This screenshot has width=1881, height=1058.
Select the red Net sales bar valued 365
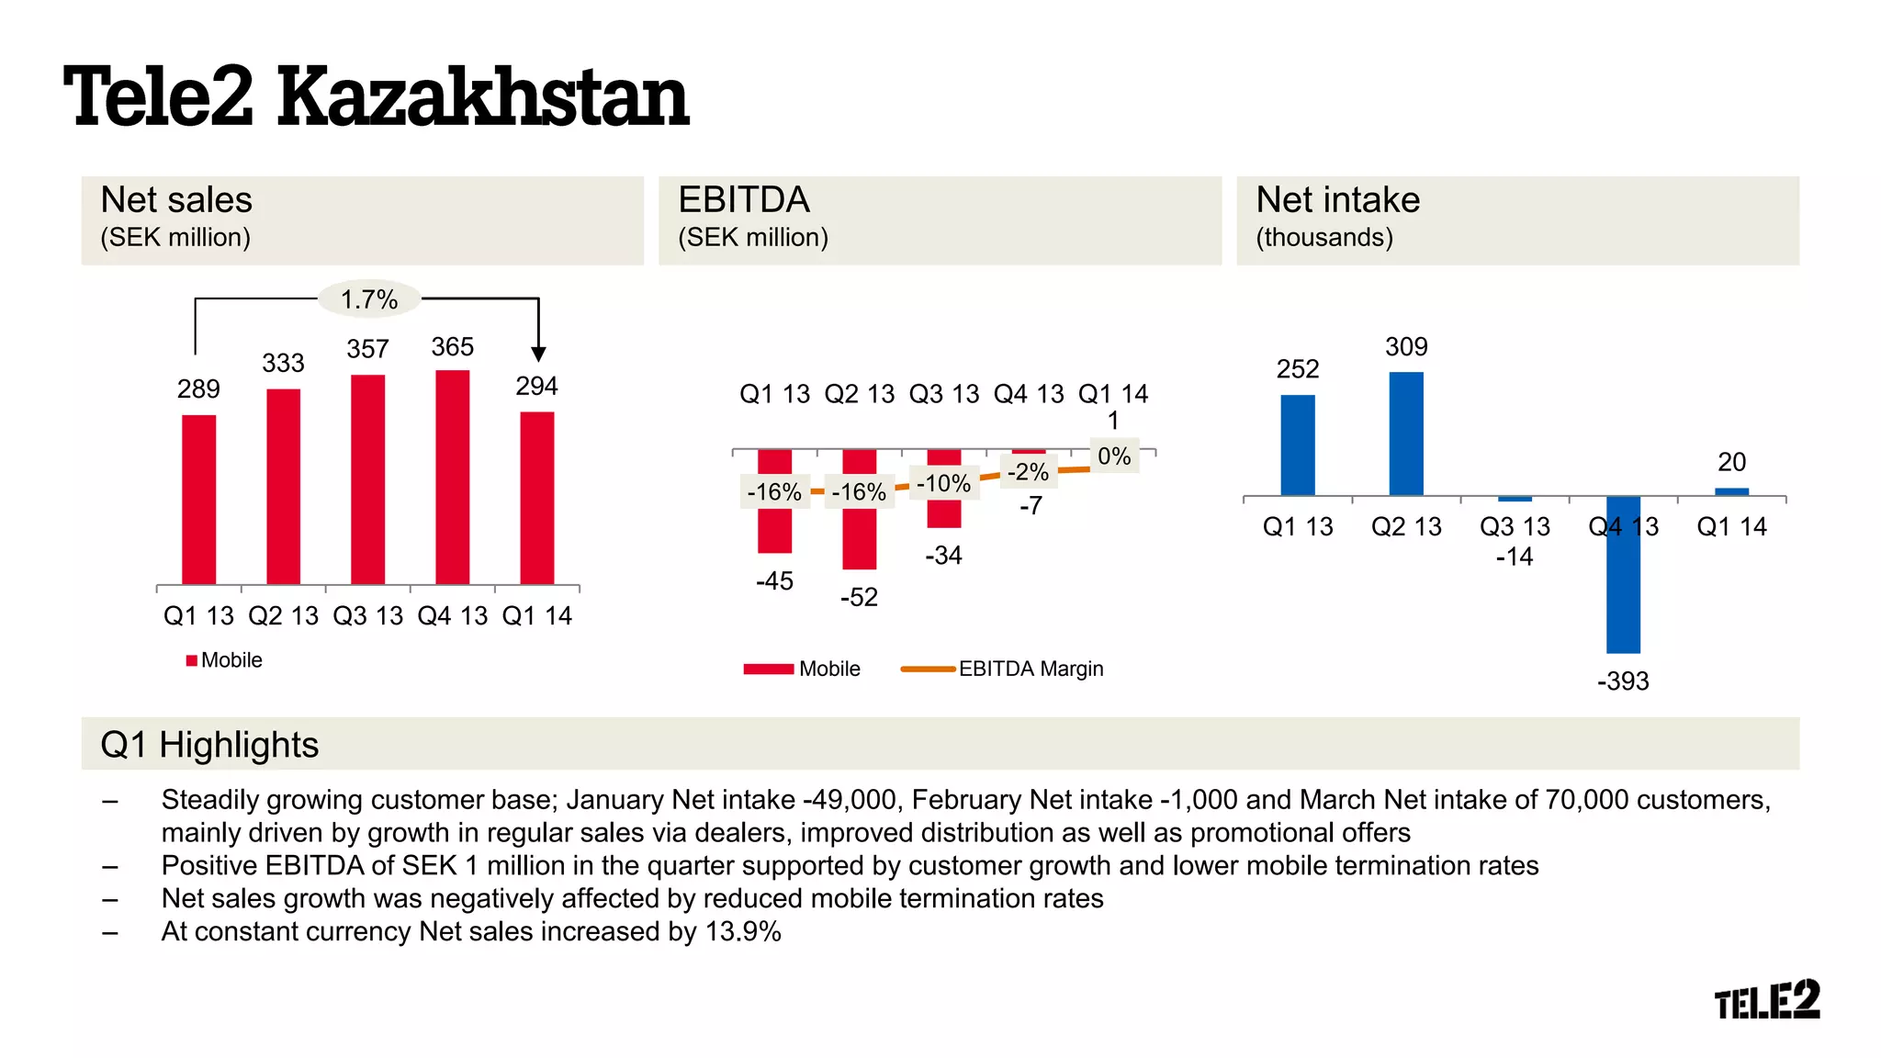(x=452, y=478)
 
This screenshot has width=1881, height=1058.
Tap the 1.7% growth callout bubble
(x=368, y=299)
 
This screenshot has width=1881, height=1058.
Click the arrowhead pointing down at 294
(x=538, y=354)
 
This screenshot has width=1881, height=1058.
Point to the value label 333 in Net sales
(x=283, y=364)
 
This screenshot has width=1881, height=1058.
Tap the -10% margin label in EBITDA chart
(x=943, y=484)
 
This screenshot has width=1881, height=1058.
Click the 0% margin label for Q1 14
(x=1114, y=456)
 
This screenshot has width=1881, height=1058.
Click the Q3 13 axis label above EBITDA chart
(x=943, y=395)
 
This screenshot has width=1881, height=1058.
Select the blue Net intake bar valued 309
(x=1405, y=433)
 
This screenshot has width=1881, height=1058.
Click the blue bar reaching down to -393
(x=1623, y=574)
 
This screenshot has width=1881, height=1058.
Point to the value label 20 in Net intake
(x=1731, y=462)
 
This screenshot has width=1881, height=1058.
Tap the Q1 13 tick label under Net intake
(x=1297, y=527)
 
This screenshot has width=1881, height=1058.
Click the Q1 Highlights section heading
(x=209, y=745)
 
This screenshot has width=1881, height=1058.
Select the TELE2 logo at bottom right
(x=1766, y=1000)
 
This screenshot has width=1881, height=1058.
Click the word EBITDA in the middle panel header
(x=743, y=200)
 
